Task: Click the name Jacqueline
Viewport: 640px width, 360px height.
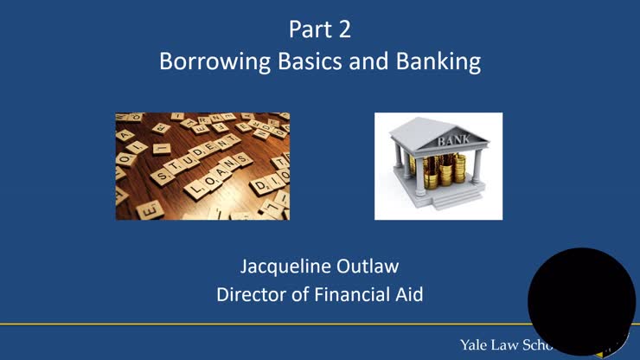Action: [279, 264]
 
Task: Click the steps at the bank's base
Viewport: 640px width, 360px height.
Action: [437, 201]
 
